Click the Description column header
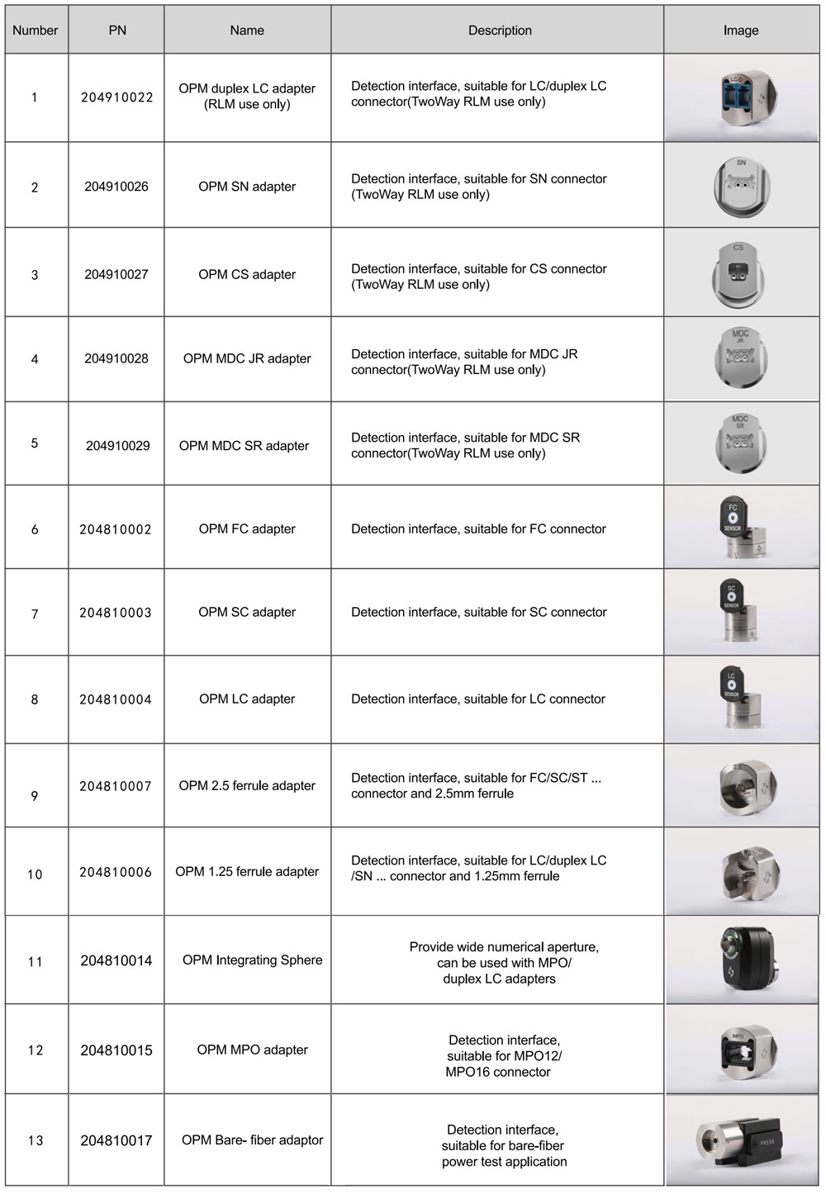click(x=500, y=31)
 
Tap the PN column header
click(x=117, y=31)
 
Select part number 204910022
click(x=117, y=97)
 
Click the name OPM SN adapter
click(x=247, y=187)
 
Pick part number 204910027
click(x=116, y=274)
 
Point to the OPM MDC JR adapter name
click(x=247, y=358)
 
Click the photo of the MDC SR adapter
click(x=741, y=443)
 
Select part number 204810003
click(x=116, y=613)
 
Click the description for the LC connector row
click(x=478, y=699)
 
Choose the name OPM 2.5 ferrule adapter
click(x=247, y=785)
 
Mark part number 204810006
click(x=116, y=872)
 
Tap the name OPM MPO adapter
click(x=252, y=1049)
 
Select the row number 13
click(x=35, y=1140)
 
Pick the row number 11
click(x=35, y=961)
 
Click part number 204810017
click(x=116, y=1140)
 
